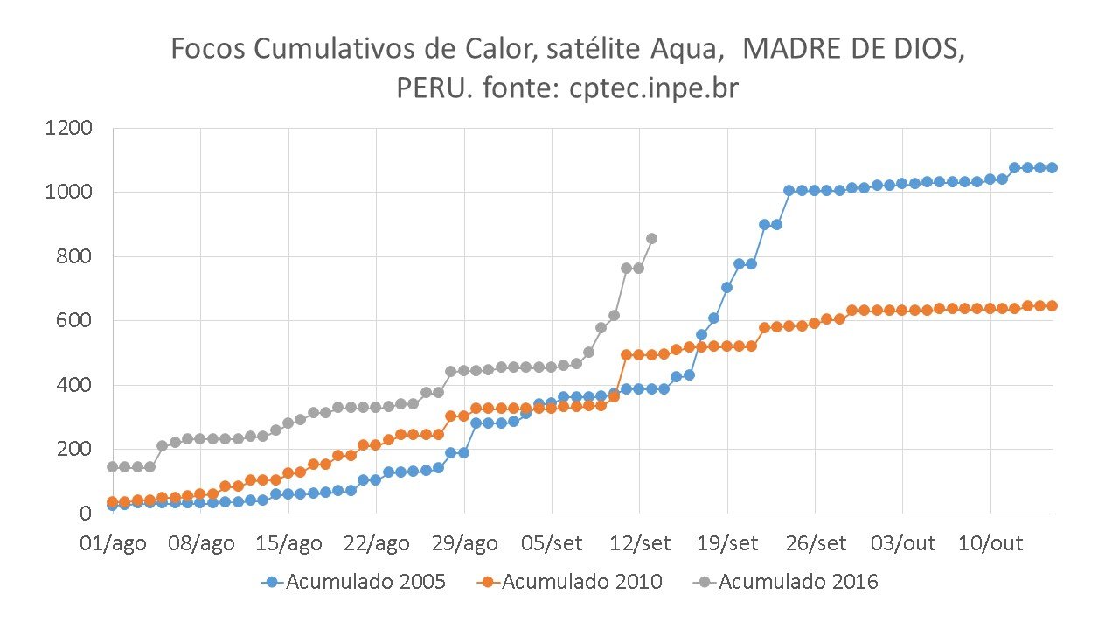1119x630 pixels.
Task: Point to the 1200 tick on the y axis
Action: tap(68, 129)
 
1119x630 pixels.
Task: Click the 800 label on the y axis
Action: tap(75, 256)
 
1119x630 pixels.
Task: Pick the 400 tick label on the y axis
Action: tap(75, 385)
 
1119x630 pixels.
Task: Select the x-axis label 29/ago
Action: tap(463, 543)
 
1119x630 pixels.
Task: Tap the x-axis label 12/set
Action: tap(639, 543)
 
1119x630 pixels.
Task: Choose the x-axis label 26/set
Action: tap(815, 543)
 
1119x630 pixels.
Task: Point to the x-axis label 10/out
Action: tap(990, 543)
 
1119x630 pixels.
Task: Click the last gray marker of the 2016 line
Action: tap(651, 238)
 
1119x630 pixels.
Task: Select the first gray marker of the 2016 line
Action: tap(112, 466)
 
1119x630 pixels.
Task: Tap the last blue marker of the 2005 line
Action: tap(1053, 167)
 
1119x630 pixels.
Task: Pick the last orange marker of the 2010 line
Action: tap(1053, 305)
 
